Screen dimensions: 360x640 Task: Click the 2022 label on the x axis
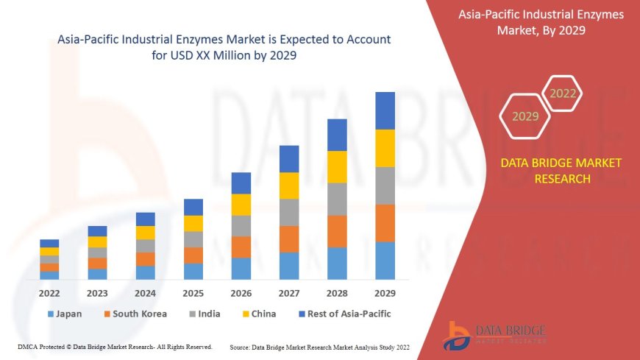click(x=49, y=292)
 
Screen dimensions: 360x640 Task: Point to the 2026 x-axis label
click(x=241, y=292)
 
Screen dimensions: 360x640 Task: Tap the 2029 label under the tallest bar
click(x=385, y=292)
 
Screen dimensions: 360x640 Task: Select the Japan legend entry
click(x=65, y=314)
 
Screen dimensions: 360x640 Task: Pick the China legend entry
click(x=258, y=314)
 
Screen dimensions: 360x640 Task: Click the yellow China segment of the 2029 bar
click(x=385, y=148)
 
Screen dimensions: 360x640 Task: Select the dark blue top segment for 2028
click(x=337, y=135)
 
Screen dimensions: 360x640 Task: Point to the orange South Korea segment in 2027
click(x=289, y=239)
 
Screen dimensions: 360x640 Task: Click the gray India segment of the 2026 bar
click(x=241, y=225)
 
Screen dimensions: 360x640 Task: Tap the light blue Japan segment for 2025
click(x=193, y=271)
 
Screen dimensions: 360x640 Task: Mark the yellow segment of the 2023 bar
click(x=97, y=241)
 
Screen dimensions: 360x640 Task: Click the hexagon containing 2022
click(x=563, y=93)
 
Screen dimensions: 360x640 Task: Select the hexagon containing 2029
click(x=525, y=116)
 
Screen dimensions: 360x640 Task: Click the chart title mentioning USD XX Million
click(x=224, y=46)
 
